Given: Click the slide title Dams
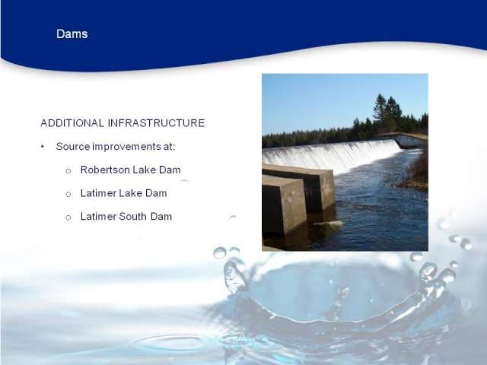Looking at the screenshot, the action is pyautogui.click(x=72, y=33).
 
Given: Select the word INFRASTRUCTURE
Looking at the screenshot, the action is pyautogui.click(x=156, y=123).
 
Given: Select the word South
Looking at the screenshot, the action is pyautogui.click(x=133, y=216).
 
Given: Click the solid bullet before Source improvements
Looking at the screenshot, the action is pyautogui.click(x=43, y=147).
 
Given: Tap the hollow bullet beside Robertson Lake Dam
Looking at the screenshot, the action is pyautogui.click(x=68, y=170).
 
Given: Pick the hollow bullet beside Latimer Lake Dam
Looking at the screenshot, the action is pyautogui.click(x=68, y=195).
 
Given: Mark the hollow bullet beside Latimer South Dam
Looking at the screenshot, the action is pyautogui.click(x=68, y=217).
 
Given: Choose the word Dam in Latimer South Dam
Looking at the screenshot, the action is pyautogui.click(x=161, y=216).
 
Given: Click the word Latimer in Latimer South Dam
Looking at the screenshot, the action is pyautogui.click(x=98, y=216).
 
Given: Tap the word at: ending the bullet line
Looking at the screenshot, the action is pyautogui.click(x=169, y=146).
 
